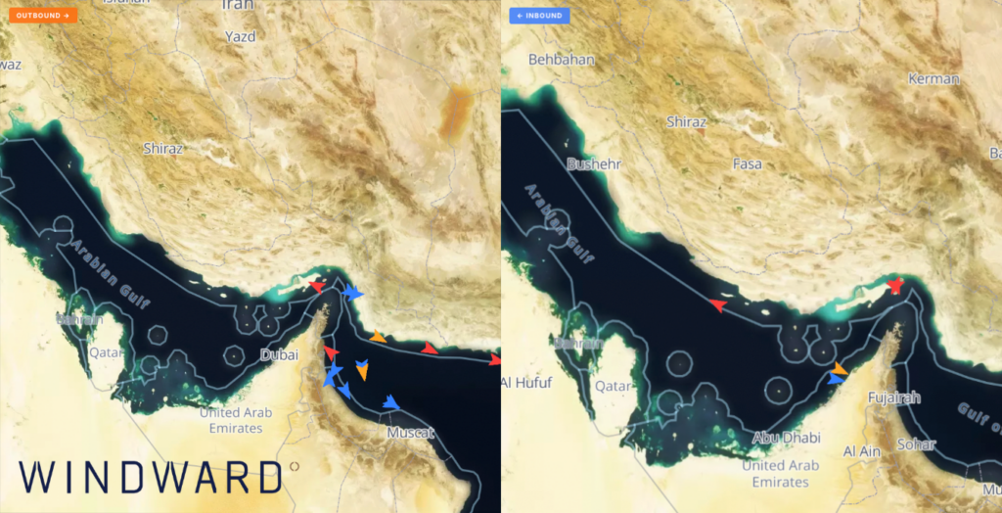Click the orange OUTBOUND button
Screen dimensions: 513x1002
42,16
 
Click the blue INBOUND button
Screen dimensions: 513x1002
539,16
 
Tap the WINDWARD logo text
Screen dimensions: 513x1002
150,477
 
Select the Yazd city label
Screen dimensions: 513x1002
239,37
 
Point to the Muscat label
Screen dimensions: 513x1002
410,432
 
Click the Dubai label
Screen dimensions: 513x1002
279,355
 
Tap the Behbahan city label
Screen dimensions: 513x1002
561,59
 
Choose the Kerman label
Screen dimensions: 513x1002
934,78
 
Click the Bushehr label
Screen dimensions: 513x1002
593,164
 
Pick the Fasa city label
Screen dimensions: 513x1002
747,163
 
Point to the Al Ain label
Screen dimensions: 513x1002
863,450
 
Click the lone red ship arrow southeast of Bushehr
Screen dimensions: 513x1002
718,305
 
